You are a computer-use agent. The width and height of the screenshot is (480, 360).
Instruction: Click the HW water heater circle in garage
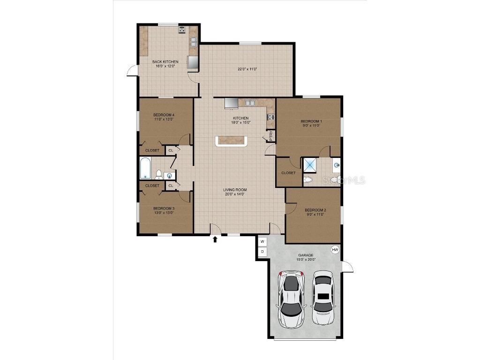pyautogui.click(x=335, y=250)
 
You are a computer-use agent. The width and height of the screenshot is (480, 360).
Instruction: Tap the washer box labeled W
pyautogui.click(x=262, y=242)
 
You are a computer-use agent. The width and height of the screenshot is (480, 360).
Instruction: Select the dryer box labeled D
pyautogui.click(x=262, y=252)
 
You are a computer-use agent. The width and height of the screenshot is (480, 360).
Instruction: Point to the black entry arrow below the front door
pyautogui.click(x=215, y=240)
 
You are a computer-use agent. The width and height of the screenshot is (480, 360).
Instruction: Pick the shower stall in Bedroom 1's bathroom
pyautogui.click(x=310, y=165)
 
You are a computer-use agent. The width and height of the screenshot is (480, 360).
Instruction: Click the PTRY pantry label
pyautogui.click(x=271, y=136)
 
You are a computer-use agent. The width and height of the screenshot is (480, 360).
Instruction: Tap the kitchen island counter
pyautogui.click(x=230, y=141)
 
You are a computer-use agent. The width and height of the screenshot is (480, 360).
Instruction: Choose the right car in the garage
pyautogui.click(x=323, y=298)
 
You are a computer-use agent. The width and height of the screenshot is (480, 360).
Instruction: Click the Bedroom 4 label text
pyautogui.click(x=164, y=115)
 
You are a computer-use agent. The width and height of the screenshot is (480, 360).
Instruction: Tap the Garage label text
pyautogui.click(x=306, y=255)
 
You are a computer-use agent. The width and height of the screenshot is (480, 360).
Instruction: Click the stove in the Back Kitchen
pyautogui.click(x=181, y=30)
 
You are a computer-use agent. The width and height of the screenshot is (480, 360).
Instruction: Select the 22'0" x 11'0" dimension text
pyautogui.click(x=247, y=69)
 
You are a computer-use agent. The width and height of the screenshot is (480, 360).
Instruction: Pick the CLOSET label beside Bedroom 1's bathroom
pyautogui.click(x=288, y=173)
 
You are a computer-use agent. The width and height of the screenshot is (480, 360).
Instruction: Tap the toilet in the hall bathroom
pyautogui.click(x=158, y=175)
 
